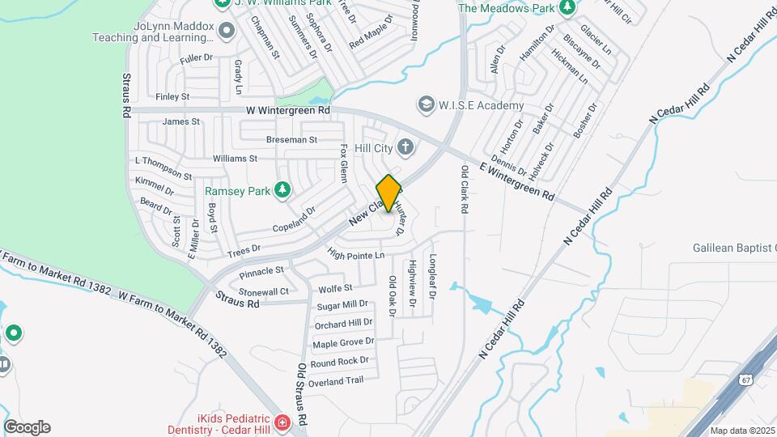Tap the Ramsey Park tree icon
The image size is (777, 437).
pyautogui.click(x=282, y=190)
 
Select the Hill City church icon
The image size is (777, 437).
pyautogui.click(x=406, y=147)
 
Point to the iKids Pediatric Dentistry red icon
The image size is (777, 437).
pyautogui.click(x=281, y=422)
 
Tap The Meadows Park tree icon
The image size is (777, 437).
pyautogui.click(x=567, y=7)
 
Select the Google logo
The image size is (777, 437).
pyautogui.click(x=27, y=427)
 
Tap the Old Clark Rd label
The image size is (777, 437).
pyautogui.click(x=465, y=189)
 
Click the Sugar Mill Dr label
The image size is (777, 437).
pyautogui.click(x=342, y=305)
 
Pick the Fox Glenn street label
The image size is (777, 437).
pyautogui.click(x=344, y=162)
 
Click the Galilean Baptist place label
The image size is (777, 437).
pyautogui.click(x=735, y=248)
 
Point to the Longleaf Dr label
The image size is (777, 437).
pyautogui.click(x=432, y=277)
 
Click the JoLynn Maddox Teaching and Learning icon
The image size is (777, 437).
pyautogui.click(x=226, y=31)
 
